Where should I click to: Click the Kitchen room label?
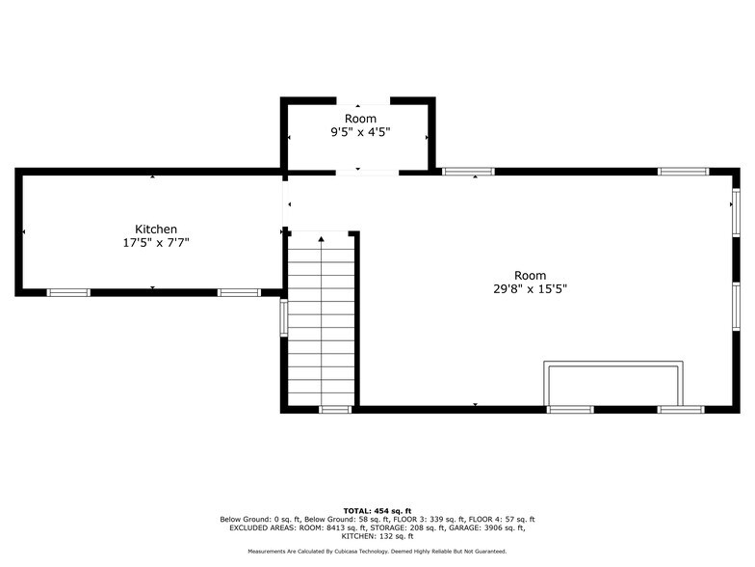point(156,229)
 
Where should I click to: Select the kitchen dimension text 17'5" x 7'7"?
point(156,243)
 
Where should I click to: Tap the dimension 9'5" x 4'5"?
point(360,132)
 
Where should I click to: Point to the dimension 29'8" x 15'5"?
point(530,289)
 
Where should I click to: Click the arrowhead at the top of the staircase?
point(322,239)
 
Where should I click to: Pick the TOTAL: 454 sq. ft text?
point(377,511)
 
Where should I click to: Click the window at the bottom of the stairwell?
point(335,410)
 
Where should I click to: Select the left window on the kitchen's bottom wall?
point(68,293)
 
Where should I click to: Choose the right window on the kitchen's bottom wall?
point(239,293)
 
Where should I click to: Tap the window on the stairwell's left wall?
point(284,318)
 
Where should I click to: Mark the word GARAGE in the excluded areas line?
point(463,528)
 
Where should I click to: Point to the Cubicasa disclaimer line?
point(377,552)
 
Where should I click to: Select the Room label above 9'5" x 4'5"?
point(360,119)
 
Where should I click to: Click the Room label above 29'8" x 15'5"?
point(530,276)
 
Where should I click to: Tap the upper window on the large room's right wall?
point(736,212)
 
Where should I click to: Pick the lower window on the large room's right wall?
point(736,307)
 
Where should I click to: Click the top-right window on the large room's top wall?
point(684,172)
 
